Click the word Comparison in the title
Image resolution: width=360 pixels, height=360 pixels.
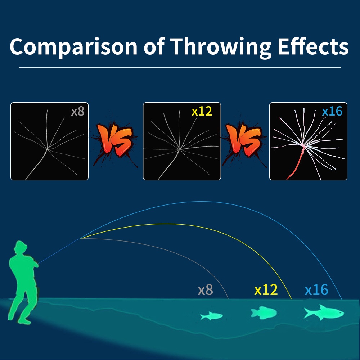[73, 47]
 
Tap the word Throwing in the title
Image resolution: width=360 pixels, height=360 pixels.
[221, 47]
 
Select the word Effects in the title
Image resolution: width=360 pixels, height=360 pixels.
[313, 46]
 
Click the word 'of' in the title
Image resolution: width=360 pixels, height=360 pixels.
[154, 46]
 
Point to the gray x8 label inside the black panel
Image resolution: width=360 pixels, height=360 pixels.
[78, 111]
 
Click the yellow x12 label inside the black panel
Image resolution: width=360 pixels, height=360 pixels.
[202, 111]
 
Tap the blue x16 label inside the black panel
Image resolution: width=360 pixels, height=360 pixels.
[332, 111]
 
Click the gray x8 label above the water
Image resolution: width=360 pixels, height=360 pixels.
[206, 290]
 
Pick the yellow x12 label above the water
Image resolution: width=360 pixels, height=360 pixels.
[266, 290]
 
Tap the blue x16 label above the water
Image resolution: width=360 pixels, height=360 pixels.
[316, 290]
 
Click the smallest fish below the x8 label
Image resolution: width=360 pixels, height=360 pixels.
[211, 316]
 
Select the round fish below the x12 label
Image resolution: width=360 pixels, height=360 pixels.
[264, 313]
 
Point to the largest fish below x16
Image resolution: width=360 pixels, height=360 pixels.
[324, 312]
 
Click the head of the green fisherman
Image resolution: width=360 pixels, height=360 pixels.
[21, 247]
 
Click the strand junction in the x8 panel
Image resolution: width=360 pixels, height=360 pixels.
[47, 149]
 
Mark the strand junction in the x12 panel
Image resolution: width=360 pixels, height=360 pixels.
[180, 149]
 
